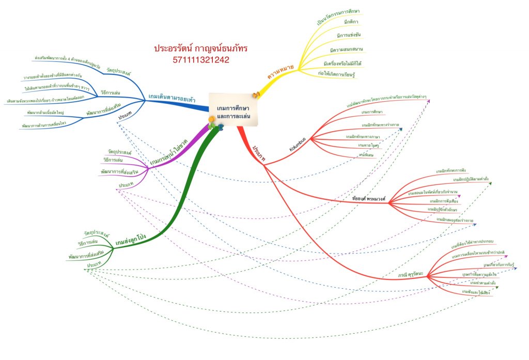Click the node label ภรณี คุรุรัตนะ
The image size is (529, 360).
click(410, 275)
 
